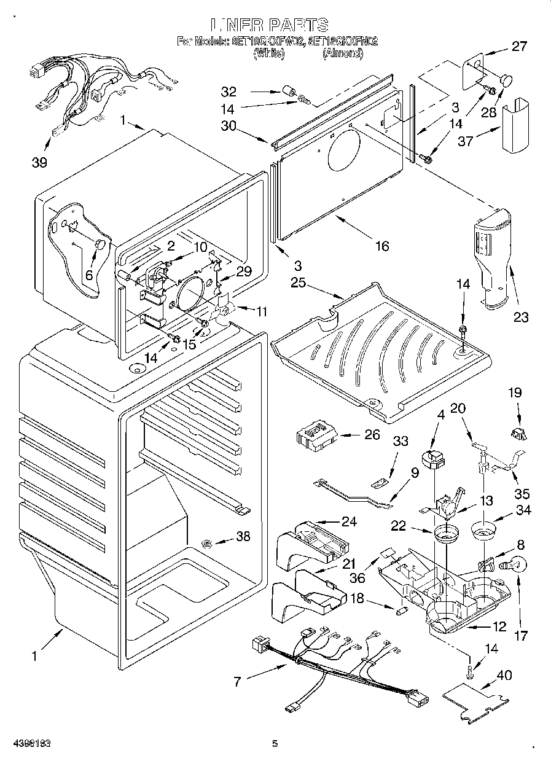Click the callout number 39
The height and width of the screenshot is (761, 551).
(39, 163)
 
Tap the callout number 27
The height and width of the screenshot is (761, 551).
(520, 46)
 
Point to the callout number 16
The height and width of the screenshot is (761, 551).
(382, 246)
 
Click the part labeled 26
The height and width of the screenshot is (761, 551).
(315, 437)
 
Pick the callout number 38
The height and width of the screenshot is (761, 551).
(243, 536)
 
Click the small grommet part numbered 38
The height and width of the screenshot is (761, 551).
(207, 543)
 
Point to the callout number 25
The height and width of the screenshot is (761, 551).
(299, 283)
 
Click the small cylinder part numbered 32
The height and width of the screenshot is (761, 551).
(287, 93)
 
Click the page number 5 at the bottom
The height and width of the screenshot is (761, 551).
(275, 744)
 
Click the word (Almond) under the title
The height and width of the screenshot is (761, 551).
(342, 54)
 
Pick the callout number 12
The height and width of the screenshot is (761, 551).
(499, 627)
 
